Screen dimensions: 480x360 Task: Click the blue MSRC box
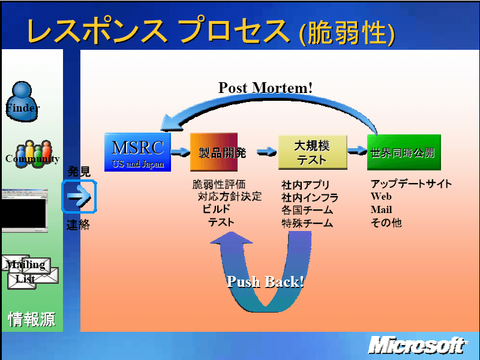point(137,152)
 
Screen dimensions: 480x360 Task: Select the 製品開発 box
point(214,152)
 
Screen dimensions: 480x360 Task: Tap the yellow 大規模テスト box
point(313,152)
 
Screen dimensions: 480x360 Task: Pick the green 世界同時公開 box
point(404,152)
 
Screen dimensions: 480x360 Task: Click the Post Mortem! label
point(265,88)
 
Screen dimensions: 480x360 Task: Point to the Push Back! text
point(265,281)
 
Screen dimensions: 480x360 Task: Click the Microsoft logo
point(418,346)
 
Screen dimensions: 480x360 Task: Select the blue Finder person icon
point(22,101)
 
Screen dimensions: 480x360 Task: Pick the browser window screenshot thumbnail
point(25,211)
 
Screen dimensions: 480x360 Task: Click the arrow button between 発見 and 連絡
point(79,197)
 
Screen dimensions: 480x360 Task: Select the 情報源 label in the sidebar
point(32,319)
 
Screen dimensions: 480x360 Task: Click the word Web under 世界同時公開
point(381,196)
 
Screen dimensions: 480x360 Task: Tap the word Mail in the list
point(381,209)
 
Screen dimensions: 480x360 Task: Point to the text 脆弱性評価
point(219,184)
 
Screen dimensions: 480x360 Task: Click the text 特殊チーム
point(307,223)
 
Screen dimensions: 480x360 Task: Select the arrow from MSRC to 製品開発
point(181,152)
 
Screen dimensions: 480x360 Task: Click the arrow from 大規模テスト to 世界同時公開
point(357,151)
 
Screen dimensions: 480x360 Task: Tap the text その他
point(386,223)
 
